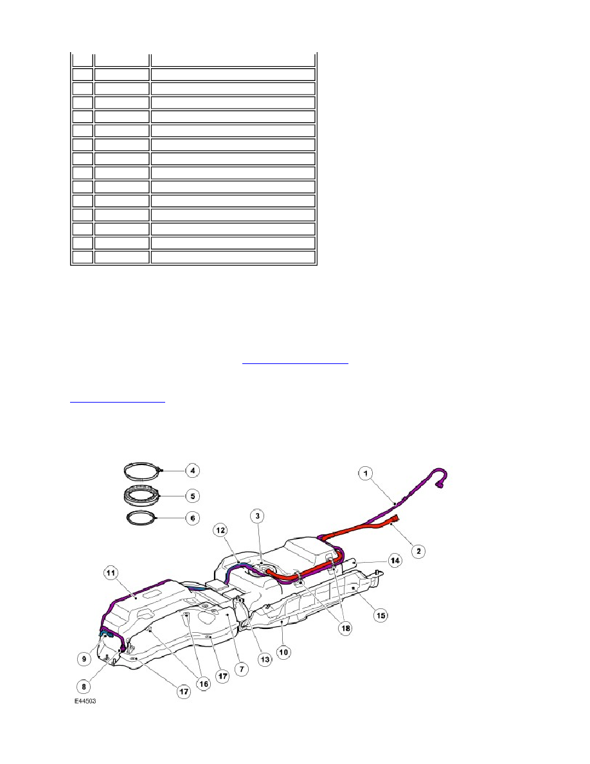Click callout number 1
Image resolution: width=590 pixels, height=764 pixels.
[366, 473]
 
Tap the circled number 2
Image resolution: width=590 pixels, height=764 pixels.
[418, 551]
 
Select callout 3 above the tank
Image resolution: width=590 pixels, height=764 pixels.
[258, 516]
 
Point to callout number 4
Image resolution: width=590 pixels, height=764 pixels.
[193, 471]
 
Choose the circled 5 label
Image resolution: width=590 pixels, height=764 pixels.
[193, 496]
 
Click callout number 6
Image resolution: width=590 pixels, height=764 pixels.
[193, 518]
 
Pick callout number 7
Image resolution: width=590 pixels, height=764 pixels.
[242, 669]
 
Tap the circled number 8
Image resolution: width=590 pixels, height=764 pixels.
[84, 687]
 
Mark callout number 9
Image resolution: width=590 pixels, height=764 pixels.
[84, 659]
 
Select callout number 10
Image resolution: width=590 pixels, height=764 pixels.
[283, 652]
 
